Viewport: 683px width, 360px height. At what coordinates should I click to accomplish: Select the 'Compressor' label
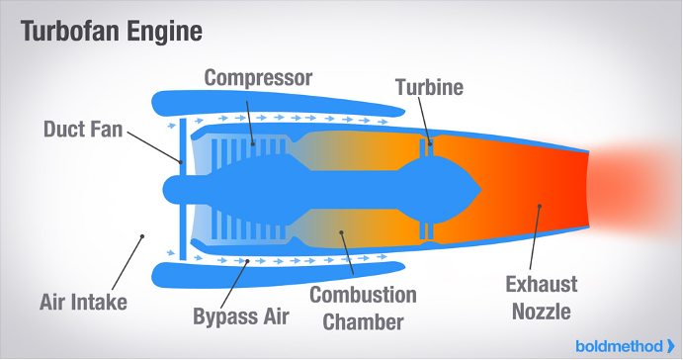coord(258,77)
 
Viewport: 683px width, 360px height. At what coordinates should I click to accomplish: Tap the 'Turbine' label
coord(429,87)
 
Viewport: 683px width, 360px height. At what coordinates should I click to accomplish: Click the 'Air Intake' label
coord(84,302)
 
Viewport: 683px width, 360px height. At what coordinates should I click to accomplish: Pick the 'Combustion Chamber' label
coord(363,308)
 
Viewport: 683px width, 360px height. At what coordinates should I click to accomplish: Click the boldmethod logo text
coord(619,345)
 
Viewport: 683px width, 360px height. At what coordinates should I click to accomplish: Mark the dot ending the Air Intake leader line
coord(143,236)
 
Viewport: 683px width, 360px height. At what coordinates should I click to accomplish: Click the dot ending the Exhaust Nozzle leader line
coord(539,207)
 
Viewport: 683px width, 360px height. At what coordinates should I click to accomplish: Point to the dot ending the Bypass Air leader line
coord(246,261)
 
